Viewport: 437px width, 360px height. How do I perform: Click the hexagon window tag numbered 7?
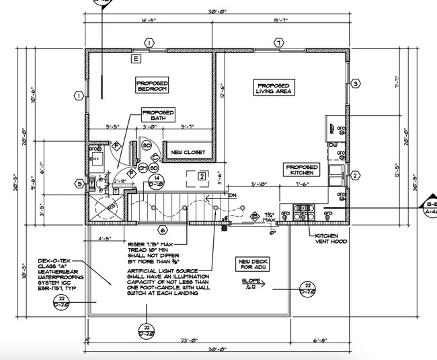[276, 43]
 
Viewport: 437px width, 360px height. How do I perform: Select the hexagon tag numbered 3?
[356, 83]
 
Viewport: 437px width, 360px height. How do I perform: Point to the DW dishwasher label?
[333, 145]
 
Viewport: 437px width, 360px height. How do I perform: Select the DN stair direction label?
[233, 196]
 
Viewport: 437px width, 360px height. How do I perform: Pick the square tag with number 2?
[201, 176]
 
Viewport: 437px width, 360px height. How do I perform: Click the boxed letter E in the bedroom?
[136, 59]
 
